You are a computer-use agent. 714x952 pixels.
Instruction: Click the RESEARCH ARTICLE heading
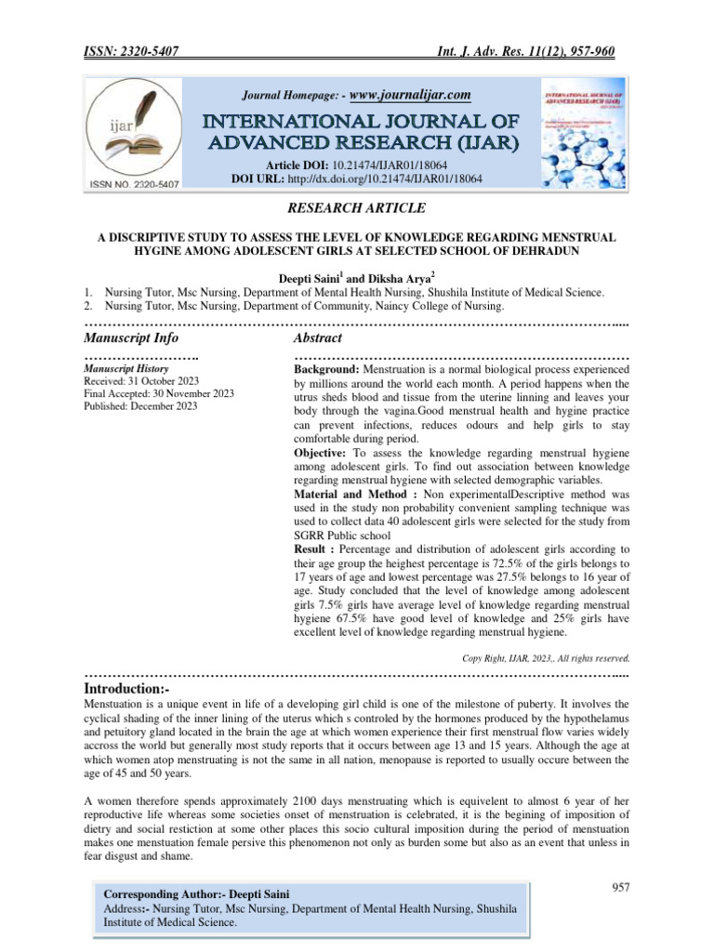(357, 208)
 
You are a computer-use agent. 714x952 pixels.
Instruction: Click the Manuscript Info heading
(131, 337)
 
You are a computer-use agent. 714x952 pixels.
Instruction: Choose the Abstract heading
(318, 337)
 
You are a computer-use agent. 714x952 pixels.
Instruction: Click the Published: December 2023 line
(140, 406)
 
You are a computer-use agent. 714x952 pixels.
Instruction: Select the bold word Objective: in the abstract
(325, 453)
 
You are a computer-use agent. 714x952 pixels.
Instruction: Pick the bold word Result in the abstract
(312, 550)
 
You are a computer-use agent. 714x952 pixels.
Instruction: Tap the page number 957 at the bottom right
(620, 887)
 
